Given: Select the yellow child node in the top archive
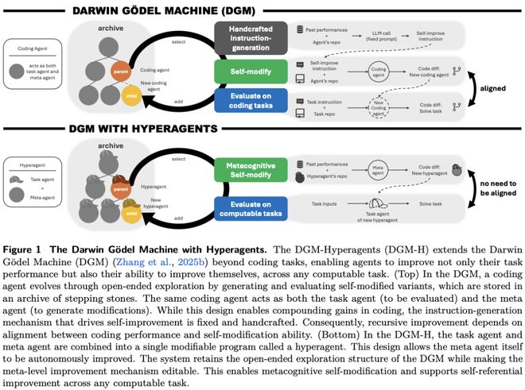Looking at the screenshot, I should [130, 98].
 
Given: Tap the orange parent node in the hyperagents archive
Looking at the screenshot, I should [119, 188].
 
